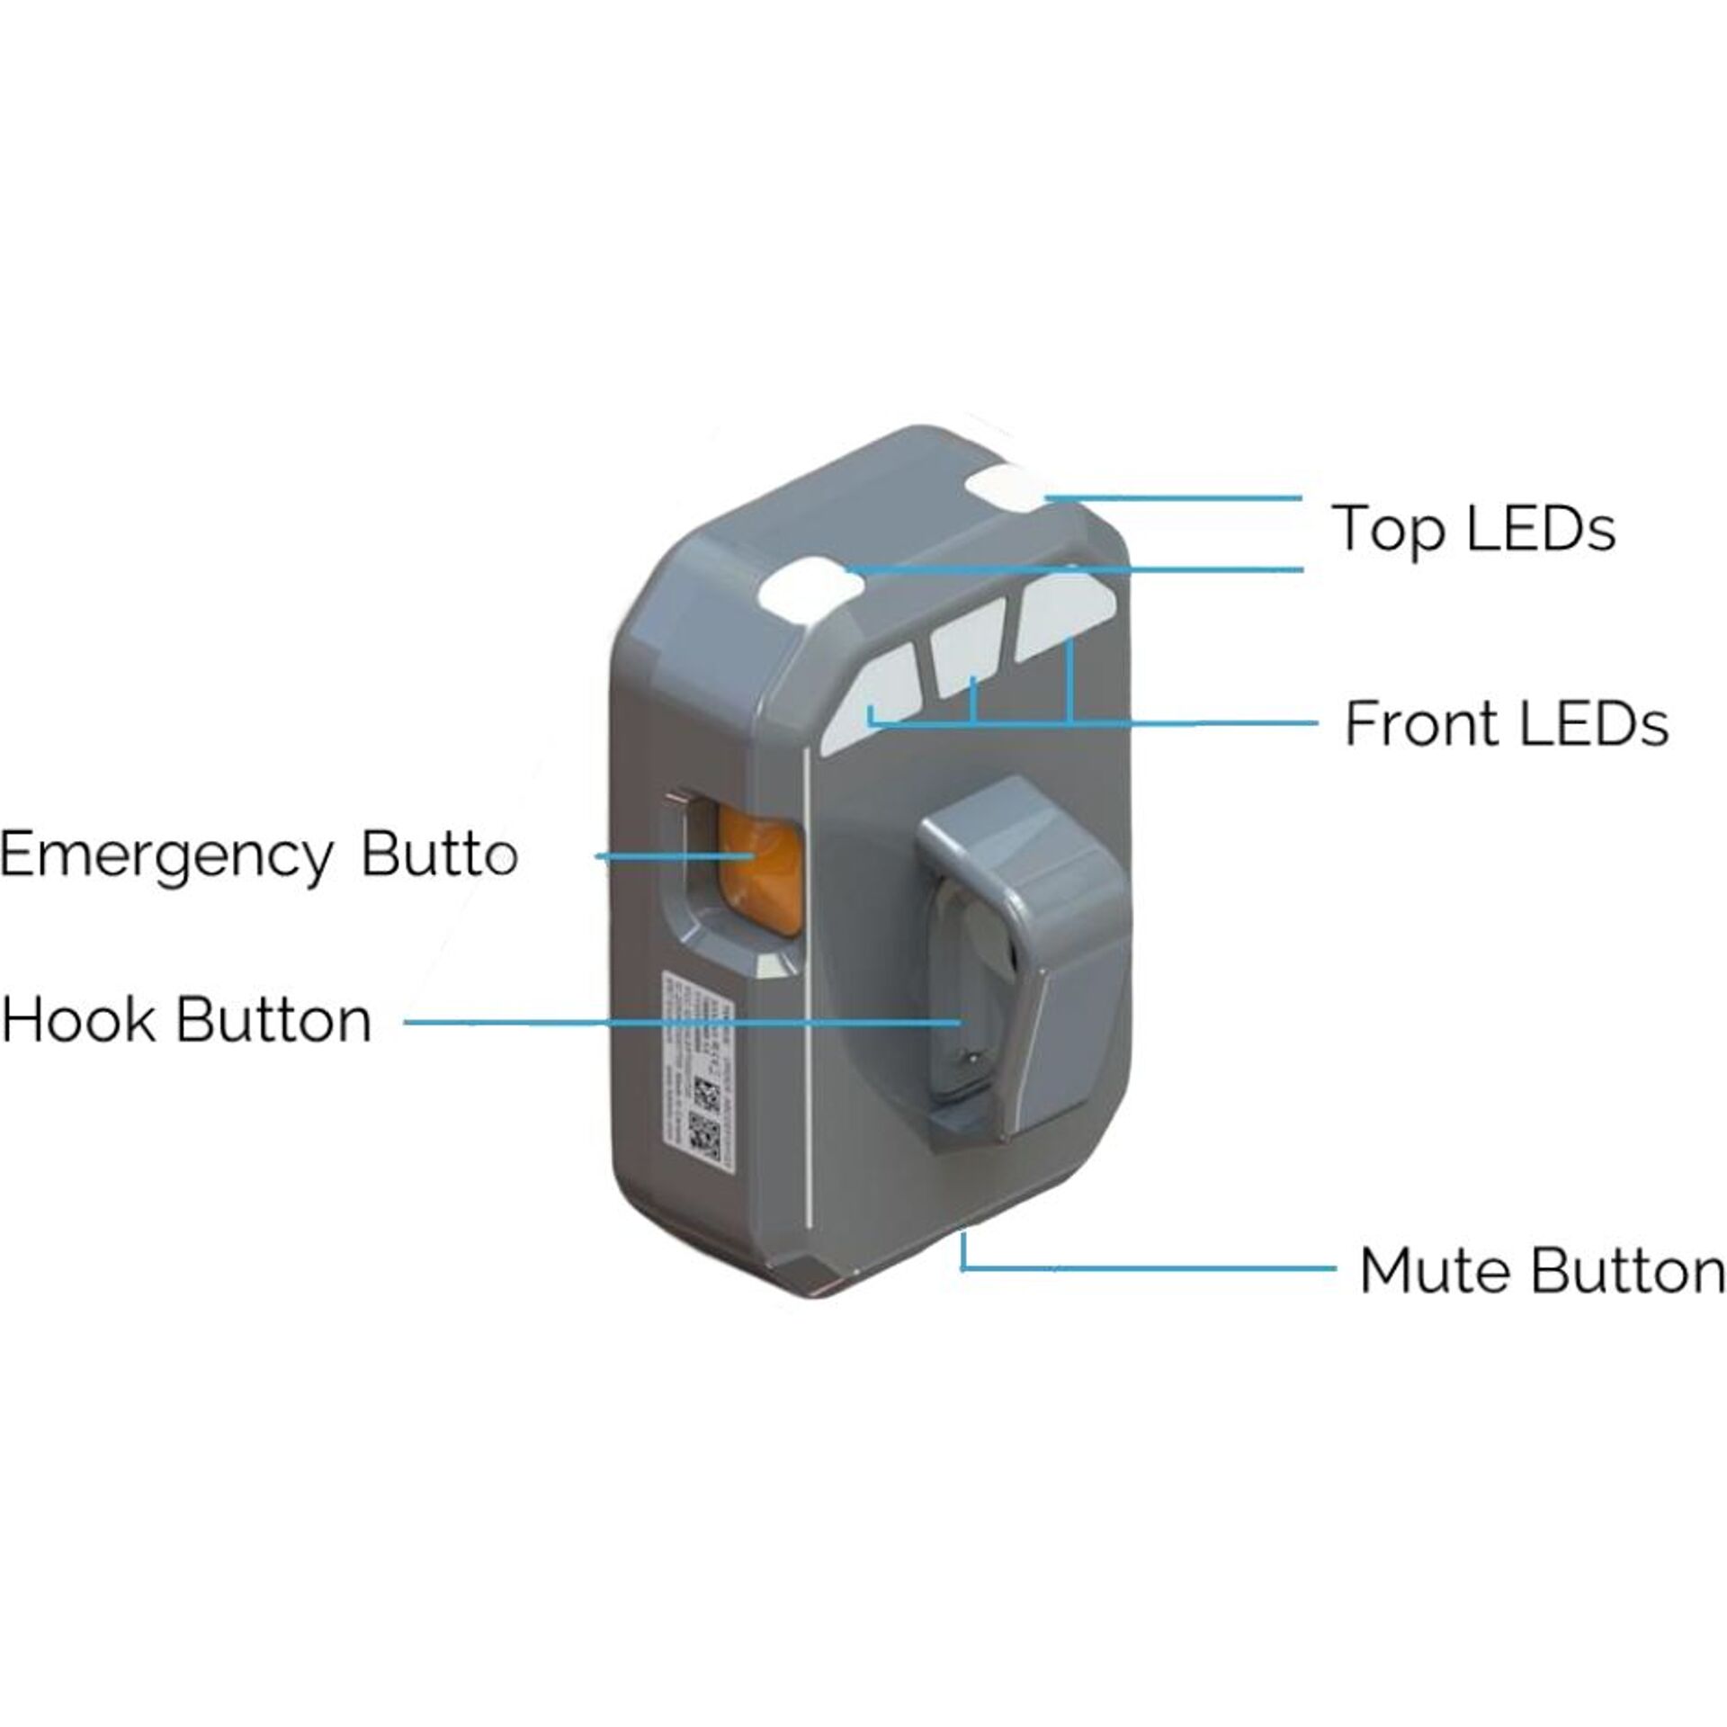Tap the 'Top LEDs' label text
pyautogui.click(x=1475, y=529)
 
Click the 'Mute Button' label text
pyautogui.click(x=1542, y=1272)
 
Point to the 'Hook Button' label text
pyautogui.click(x=186, y=1022)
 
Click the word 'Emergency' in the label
pyautogui.click(x=166, y=855)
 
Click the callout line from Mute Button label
pyautogui.click(x=1151, y=1268)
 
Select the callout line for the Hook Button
pyautogui.click(x=684, y=1023)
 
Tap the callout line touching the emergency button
pyautogui.click(x=657, y=856)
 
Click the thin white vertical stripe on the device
pyautogui.click(x=810, y=989)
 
